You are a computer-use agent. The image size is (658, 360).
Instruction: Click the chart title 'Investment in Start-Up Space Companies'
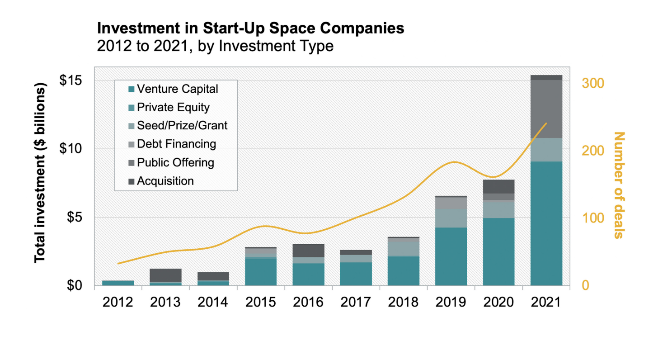(x=250, y=28)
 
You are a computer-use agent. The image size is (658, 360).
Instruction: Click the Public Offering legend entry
(x=175, y=162)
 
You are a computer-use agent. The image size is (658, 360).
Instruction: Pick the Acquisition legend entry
(x=165, y=181)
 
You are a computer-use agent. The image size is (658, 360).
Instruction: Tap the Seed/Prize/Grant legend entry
(x=182, y=125)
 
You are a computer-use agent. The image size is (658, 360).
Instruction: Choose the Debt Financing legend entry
(x=176, y=144)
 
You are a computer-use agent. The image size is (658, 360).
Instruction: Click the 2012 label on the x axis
(x=118, y=302)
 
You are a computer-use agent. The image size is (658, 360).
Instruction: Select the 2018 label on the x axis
(x=403, y=302)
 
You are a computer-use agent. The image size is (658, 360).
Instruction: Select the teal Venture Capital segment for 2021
(x=546, y=224)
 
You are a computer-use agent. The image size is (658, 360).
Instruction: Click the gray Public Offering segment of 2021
(x=546, y=109)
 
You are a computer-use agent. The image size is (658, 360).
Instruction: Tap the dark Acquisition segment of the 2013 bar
(x=165, y=275)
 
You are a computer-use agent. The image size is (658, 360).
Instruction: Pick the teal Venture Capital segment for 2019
(x=451, y=256)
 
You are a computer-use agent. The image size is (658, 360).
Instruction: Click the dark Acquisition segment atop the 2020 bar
(x=498, y=186)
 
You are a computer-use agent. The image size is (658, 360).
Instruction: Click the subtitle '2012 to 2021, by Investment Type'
(x=215, y=46)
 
